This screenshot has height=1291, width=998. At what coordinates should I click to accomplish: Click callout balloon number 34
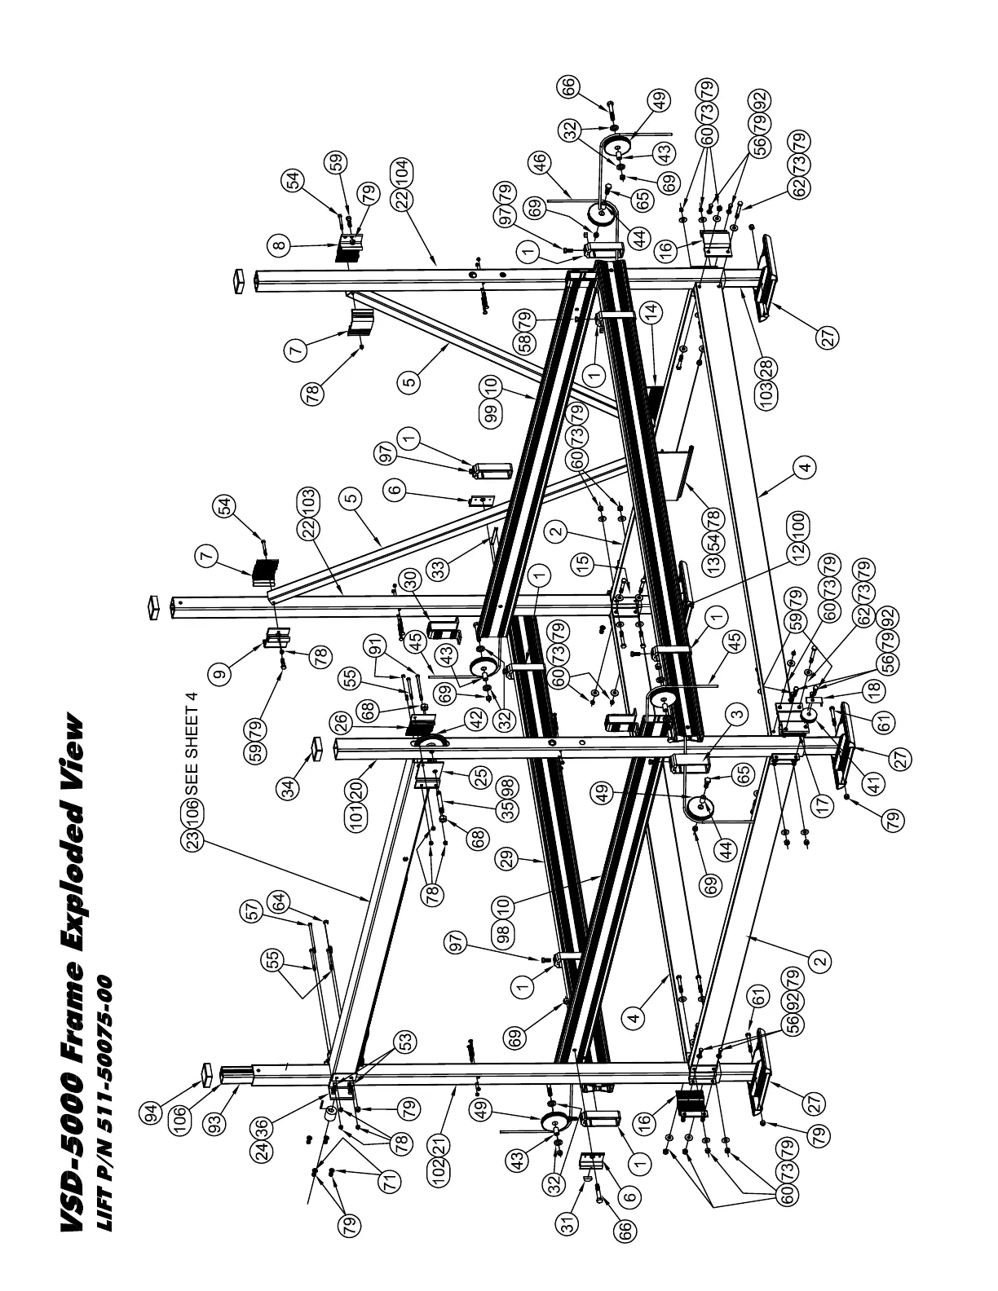289,786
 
